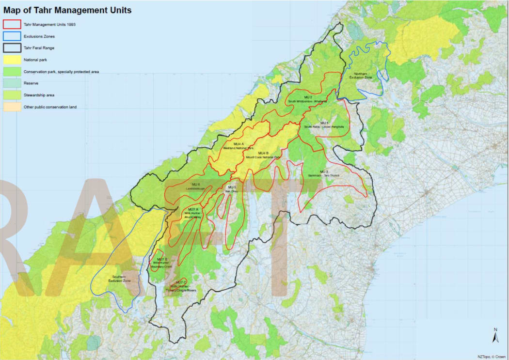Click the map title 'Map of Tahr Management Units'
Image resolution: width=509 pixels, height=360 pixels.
pos(67,10)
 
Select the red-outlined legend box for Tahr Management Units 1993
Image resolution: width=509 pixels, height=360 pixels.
pos(12,24)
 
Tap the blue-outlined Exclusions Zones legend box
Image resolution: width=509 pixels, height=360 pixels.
pos(12,36)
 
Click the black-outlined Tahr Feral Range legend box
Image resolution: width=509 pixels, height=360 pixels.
pos(12,48)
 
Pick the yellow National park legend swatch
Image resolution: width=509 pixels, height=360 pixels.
pos(12,60)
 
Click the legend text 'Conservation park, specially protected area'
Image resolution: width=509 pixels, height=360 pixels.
pos(62,72)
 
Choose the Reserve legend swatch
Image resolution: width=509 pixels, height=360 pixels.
pos(12,83)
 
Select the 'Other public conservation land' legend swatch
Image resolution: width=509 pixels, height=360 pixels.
pos(12,107)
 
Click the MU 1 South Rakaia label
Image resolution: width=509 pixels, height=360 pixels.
pos(324,125)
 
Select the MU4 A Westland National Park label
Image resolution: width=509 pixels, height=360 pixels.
pos(238,146)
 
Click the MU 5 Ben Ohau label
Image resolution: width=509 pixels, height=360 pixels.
pos(232,189)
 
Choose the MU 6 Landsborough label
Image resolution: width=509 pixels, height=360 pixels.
pos(196,186)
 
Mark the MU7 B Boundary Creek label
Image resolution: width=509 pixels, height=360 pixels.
pos(161,263)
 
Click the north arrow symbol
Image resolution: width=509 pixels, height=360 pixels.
pos(495,335)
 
